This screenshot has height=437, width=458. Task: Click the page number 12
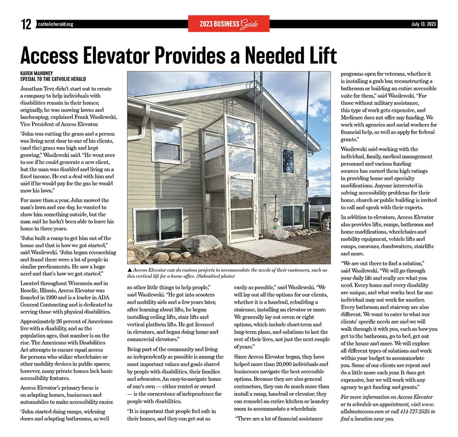[x=26, y=24]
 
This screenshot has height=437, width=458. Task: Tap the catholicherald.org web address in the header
[x=55, y=24]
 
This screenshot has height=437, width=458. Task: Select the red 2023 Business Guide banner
[x=229, y=24]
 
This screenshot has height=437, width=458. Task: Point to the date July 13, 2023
[x=423, y=24]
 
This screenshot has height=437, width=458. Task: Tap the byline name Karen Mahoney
[x=37, y=73]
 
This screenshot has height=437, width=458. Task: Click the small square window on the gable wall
[x=288, y=161]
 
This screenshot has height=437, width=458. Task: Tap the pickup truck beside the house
[x=321, y=208]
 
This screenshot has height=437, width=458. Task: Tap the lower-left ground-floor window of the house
[x=158, y=225]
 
